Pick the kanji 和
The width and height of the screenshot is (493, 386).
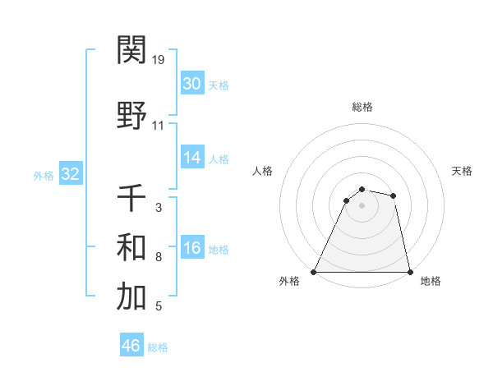132,247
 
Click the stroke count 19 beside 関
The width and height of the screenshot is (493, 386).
159,59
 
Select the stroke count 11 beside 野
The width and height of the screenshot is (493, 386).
159,126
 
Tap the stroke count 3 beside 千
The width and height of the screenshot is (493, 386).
159,209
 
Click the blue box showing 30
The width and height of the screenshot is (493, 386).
191,84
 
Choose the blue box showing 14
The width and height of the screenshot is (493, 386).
191,158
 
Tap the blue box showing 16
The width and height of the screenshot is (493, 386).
191,249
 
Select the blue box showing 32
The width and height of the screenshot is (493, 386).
70,174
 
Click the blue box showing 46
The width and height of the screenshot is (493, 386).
131,346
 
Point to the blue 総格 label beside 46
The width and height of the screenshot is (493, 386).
158,347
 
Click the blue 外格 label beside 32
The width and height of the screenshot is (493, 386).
44,175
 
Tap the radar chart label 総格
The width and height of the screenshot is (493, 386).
362,108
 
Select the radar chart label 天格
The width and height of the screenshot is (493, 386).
462,171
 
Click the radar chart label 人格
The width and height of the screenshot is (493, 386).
263,171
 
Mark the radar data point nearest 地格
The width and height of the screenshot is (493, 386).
409,271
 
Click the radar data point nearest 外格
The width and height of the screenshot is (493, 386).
314,271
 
